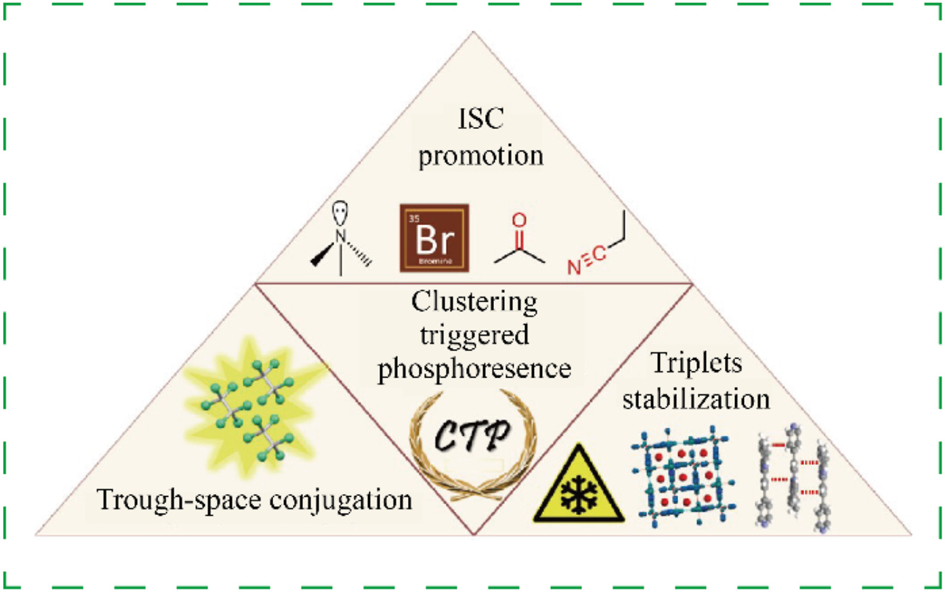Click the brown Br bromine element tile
tap(434, 239)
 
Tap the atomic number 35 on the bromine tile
tap(414, 219)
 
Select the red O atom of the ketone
tap(519, 220)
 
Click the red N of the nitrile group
tap(574, 267)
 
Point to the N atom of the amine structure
tap(341, 236)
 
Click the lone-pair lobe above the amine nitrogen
tap(340, 212)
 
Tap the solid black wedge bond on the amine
tap(323, 254)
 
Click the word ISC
tap(480, 119)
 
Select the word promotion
tap(481, 156)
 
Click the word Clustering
tap(474, 302)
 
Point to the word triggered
tap(474, 335)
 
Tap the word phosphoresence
tap(474, 369)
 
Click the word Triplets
tap(696, 363)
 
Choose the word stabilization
tap(696, 399)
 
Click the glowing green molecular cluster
tap(251, 406)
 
